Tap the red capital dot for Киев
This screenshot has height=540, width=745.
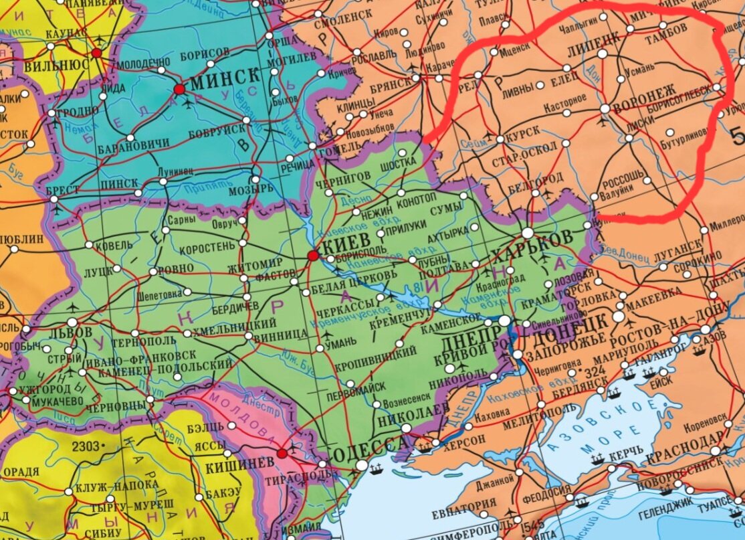[313, 256]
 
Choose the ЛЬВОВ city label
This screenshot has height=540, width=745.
[71, 333]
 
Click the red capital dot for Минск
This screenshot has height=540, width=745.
[179, 89]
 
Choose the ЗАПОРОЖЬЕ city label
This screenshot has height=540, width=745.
[554, 356]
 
